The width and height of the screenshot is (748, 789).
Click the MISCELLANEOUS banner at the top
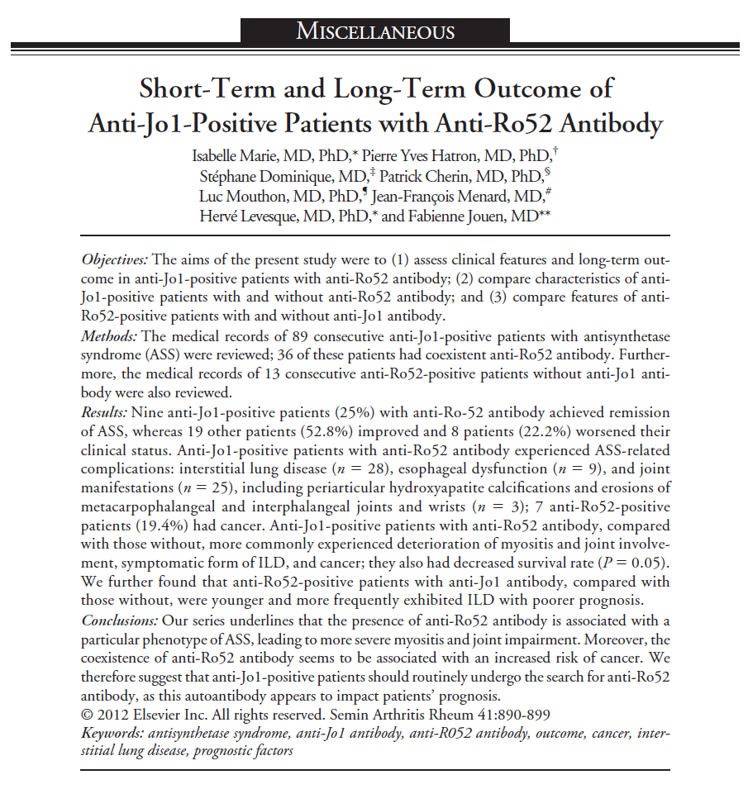click(x=374, y=31)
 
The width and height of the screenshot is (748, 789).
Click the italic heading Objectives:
click(x=116, y=259)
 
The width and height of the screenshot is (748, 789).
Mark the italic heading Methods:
click(x=111, y=337)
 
